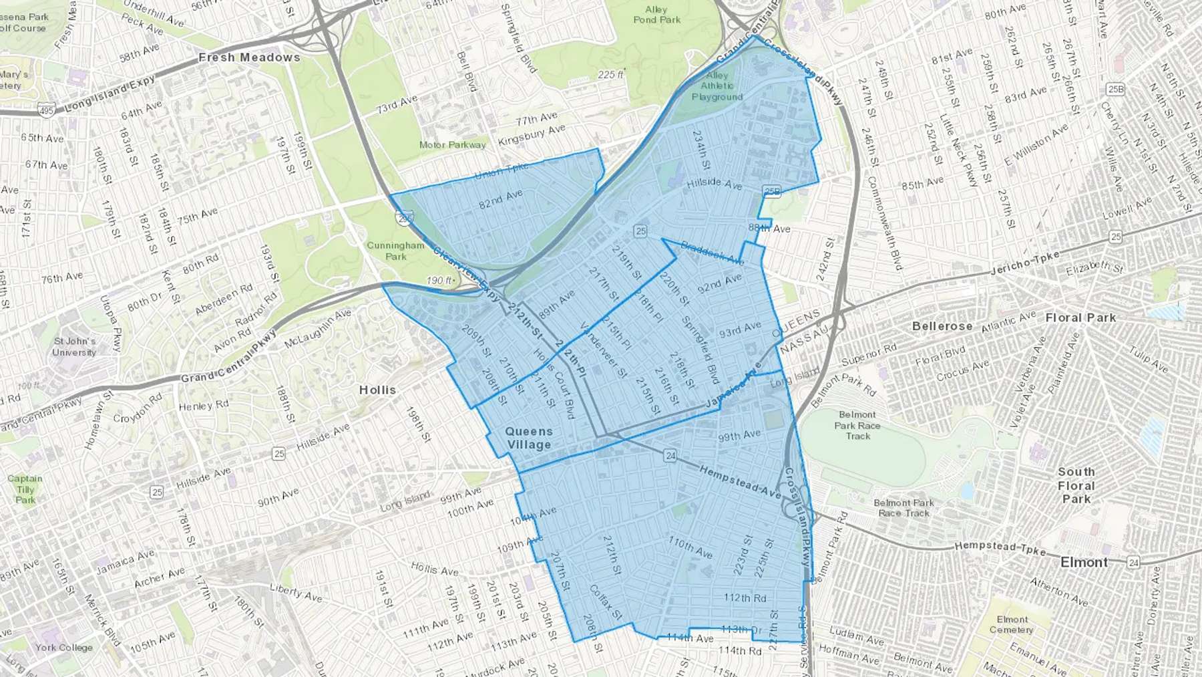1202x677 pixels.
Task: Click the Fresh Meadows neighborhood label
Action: pos(249,57)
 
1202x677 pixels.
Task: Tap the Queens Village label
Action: pos(529,438)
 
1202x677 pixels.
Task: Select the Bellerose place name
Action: pos(942,326)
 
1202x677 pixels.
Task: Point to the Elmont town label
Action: pos(1084,562)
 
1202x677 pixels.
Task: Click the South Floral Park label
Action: pos(1076,485)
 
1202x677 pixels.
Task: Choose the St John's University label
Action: pos(74,347)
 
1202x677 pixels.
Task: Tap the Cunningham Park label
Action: pos(395,251)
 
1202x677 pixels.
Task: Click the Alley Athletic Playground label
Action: pos(717,86)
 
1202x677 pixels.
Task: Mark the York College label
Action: pos(64,647)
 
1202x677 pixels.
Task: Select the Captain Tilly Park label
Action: pos(25,489)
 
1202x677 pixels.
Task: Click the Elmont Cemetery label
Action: pos(1012,624)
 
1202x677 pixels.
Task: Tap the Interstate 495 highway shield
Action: pos(47,111)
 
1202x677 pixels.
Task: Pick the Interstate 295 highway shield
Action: pos(405,217)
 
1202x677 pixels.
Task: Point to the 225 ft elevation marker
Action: pos(610,75)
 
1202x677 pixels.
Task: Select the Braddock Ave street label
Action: pos(712,252)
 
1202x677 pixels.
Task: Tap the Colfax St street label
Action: pos(606,601)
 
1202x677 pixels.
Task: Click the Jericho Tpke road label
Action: pos(1024,263)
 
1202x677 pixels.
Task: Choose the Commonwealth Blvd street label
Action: pos(884,224)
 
